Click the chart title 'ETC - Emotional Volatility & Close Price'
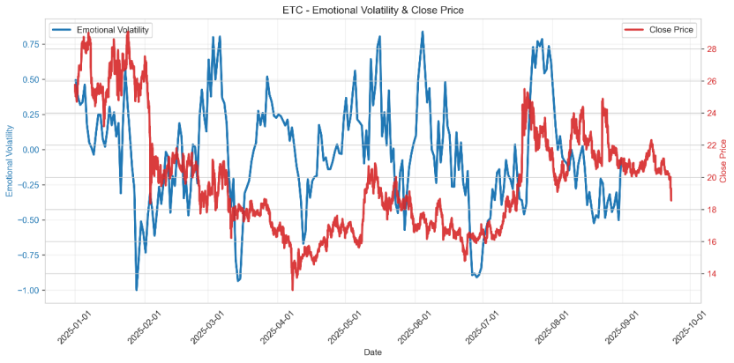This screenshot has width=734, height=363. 366,11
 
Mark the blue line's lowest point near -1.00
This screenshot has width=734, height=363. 136,289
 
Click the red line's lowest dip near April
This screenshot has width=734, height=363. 293,289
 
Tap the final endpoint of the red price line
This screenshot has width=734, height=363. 671,200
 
